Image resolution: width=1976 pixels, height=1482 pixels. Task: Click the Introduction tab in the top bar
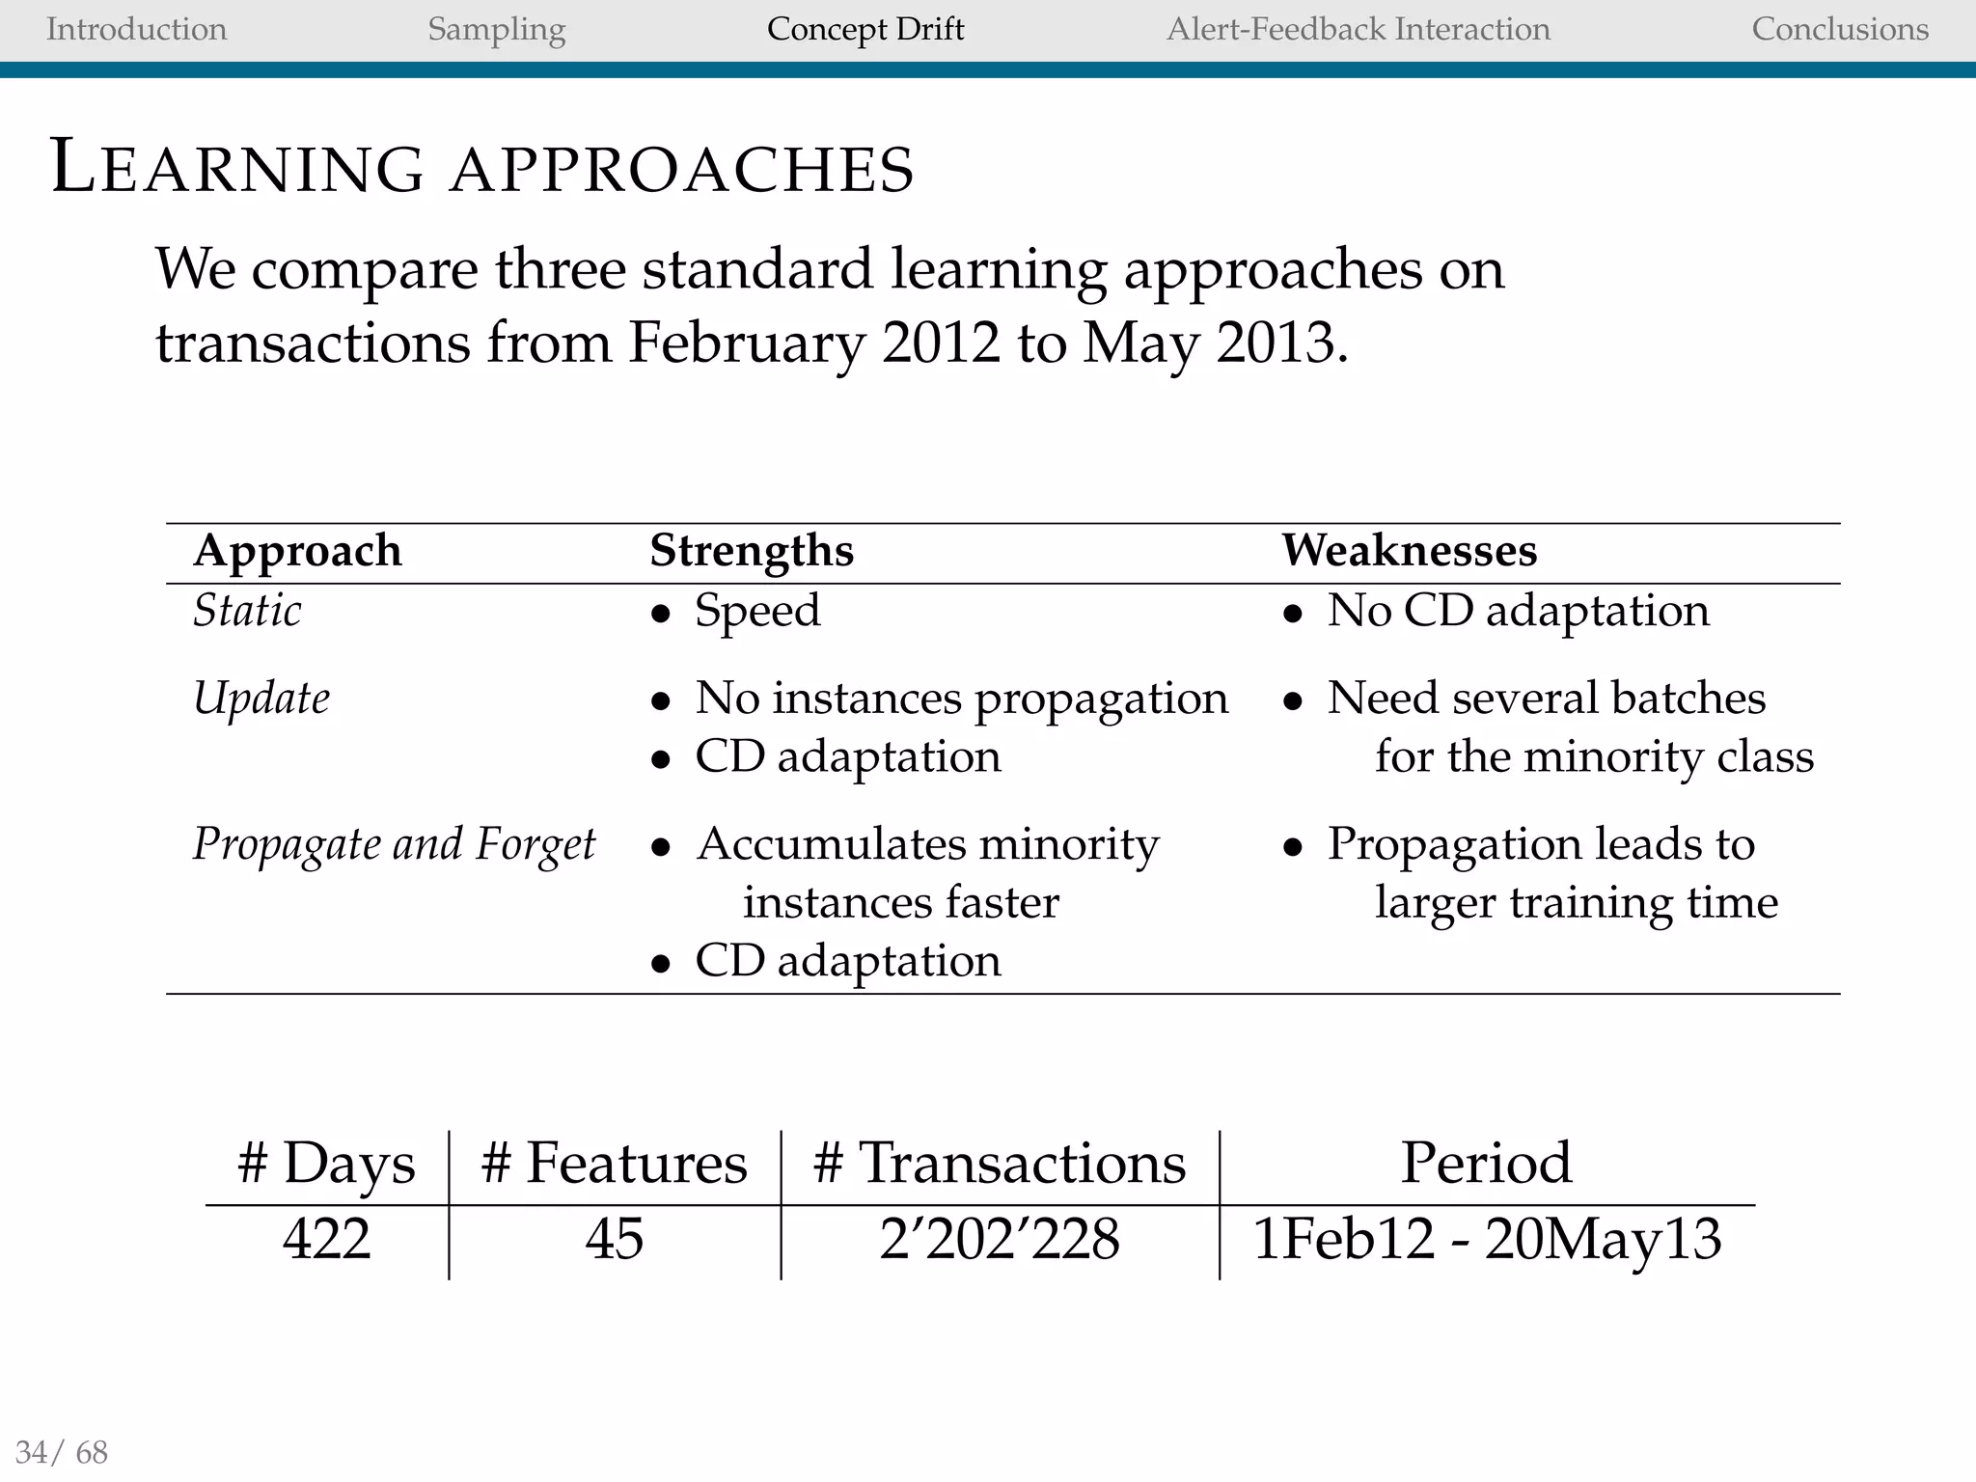(136, 29)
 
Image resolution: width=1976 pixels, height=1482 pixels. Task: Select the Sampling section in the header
(496, 29)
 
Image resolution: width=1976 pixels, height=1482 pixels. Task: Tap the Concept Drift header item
(865, 29)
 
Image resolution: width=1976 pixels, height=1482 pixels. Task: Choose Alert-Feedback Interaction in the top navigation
(1358, 29)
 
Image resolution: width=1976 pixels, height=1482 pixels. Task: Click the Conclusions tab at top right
(1840, 29)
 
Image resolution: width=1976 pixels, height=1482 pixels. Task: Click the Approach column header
(297, 552)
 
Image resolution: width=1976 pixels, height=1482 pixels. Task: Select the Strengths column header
(752, 552)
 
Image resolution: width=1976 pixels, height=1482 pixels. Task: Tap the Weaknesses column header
(1409, 552)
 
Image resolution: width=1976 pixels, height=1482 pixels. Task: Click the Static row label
(247, 611)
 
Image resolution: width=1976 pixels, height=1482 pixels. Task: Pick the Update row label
(261, 699)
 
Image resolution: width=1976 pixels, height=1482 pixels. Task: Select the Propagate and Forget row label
(394, 844)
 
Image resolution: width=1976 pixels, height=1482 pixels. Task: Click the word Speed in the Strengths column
(757, 611)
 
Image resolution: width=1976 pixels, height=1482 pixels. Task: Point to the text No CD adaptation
(1518, 611)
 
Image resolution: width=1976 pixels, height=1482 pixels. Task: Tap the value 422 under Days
(326, 1239)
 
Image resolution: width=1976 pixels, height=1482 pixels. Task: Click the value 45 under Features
(614, 1239)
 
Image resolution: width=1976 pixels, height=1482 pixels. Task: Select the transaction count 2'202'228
(1000, 1239)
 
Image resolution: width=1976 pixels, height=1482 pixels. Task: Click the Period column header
(1486, 1163)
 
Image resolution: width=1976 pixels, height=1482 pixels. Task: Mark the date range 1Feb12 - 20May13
(1487, 1239)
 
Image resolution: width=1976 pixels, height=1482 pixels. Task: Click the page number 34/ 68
(62, 1452)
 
